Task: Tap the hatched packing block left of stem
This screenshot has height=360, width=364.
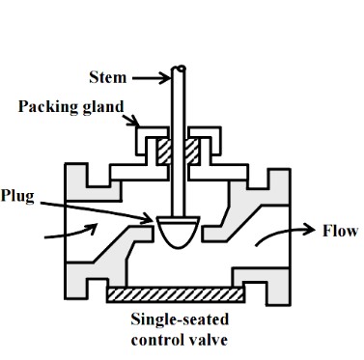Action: (165, 152)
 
